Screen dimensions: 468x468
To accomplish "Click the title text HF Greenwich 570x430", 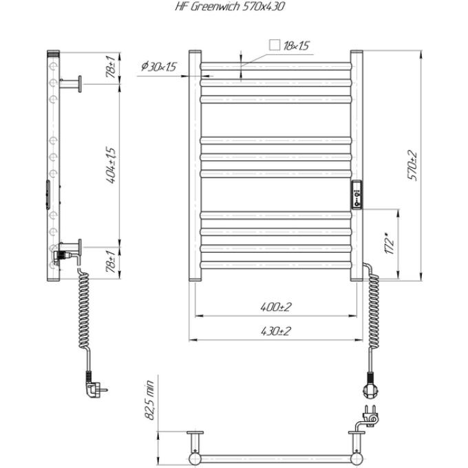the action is [x=229, y=6].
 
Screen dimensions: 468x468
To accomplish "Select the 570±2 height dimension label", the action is [x=412, y=165].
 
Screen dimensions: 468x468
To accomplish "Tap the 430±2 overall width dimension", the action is [x=275, y=331].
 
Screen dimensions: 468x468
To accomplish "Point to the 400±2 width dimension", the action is [x=275, y=307].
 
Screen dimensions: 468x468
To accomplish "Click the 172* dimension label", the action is [x=390, y=243].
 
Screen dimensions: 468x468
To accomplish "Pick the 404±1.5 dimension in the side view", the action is [x=110, y=165].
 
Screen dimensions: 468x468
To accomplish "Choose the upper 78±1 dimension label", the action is [x=110, y=66].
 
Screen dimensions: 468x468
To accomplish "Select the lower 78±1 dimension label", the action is [x=110, y=262].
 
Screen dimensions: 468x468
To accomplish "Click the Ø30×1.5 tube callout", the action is [x=159, y=66].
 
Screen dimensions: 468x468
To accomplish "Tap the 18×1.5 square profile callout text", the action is [x=296, y=45].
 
